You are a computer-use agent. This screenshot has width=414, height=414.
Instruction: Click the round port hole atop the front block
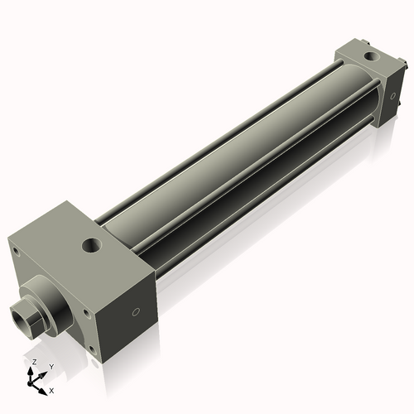point(91,245)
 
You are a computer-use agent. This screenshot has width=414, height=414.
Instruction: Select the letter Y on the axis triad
point(51,365)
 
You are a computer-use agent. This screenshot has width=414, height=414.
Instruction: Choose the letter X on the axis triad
point(51,389)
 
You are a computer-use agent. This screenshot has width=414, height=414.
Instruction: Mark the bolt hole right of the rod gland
point(84,313)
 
